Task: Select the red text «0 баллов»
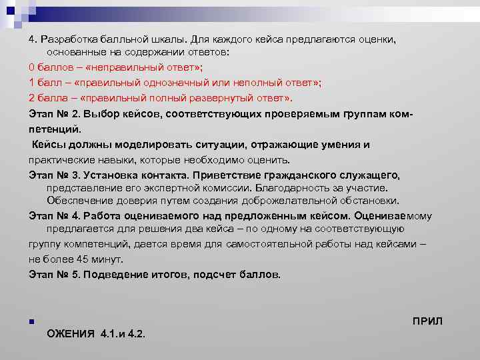(x=51, y=67)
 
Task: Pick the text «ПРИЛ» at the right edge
(x=427, y=321)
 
